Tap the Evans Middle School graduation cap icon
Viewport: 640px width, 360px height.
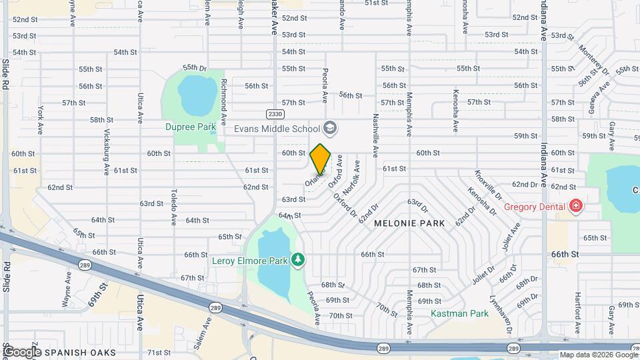coord(330,127)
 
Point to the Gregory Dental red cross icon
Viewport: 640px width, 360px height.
coord(575,207)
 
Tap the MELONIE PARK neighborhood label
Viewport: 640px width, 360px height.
coord(409,223)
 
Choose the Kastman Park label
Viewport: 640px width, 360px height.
coord(459,313)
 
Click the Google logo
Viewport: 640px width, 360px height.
coord(21,351)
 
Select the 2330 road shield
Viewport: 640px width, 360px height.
coord(275,114)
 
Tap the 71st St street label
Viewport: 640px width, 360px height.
coord(159,352)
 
